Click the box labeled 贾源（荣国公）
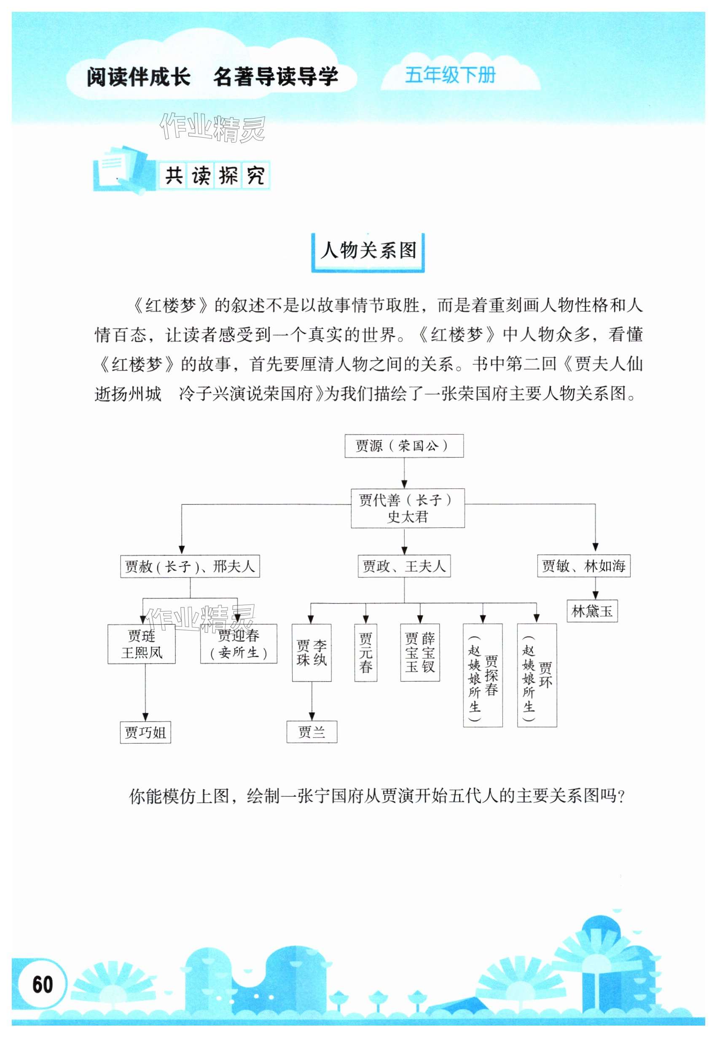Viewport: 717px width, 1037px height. pyautogui.click(x=403, y=446)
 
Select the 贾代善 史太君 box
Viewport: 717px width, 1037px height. pyautogui.click(x=407, y=508)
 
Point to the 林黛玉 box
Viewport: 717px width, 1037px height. pyautogui.click(x=592, y=611)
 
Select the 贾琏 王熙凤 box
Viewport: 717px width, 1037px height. pyautogui.click(x=142, y=644)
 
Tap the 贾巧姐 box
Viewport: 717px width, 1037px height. pyautogui.click(x=145, y=733)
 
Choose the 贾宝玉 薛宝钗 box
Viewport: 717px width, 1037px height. pyautogui.click(x=419, y=653)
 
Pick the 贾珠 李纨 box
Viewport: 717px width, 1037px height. pyautogui.click(x=312, y=653)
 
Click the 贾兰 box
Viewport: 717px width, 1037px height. pyautogui.click(x=312, y=732)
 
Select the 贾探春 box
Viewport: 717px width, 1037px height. pyautogui.click(x=483, y=674)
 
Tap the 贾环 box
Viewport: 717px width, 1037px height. pyautogui.click(x=537, y=674)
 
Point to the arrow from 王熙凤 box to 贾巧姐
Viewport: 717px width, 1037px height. pyautogui.click(x=145, y=693)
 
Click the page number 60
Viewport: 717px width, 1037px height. pyautogui.click(x=42, y=985)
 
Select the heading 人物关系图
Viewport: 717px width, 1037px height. pyautogui.click(x=368, y=250)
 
